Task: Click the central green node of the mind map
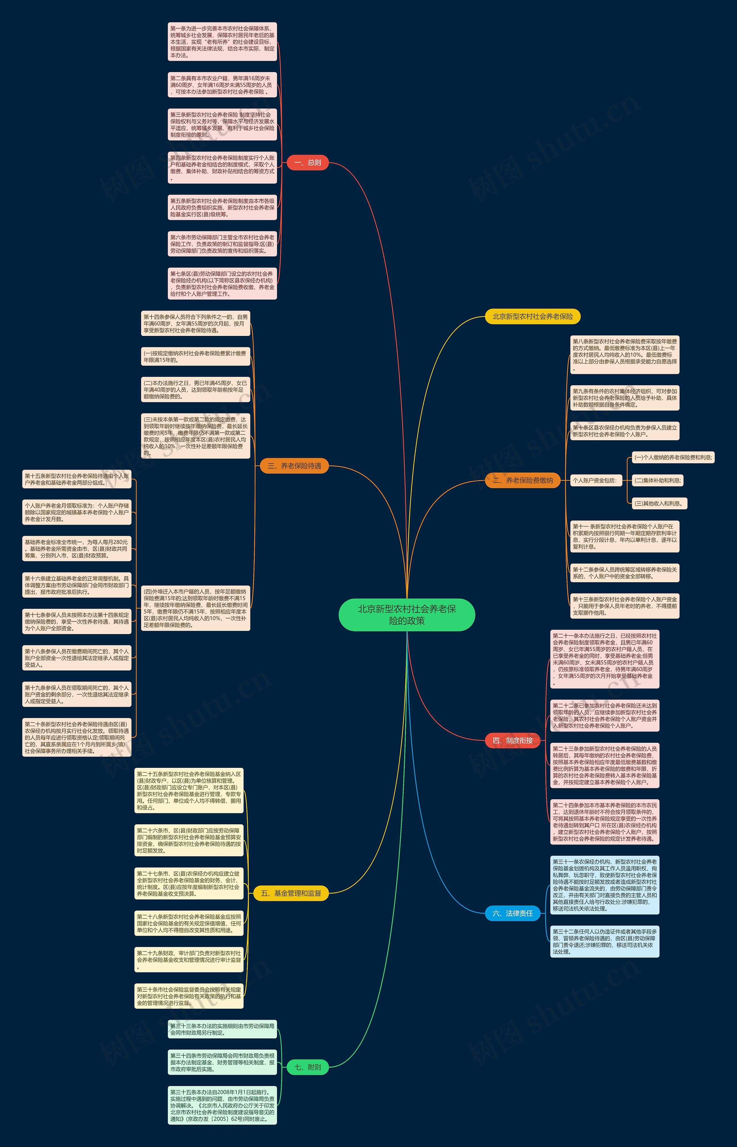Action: (407, 615)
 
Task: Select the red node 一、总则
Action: (308, 163)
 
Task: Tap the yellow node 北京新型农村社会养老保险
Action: (532, 317)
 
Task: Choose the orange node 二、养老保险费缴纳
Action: (523, 480)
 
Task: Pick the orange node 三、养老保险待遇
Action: (294, 466)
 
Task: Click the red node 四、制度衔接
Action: (512, 740)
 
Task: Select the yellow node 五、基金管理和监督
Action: (291, 893)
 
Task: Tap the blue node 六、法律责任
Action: (512, 913)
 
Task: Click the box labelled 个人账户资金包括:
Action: (595, 480)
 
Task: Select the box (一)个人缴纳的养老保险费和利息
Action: (673, 457)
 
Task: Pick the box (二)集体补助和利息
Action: (658, 480)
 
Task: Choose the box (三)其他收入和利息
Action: (660, 503)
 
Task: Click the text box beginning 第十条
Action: (624, 431)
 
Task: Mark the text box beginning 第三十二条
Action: (605, 942)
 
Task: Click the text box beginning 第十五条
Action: (77, 479)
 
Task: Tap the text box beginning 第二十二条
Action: (605, 715)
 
